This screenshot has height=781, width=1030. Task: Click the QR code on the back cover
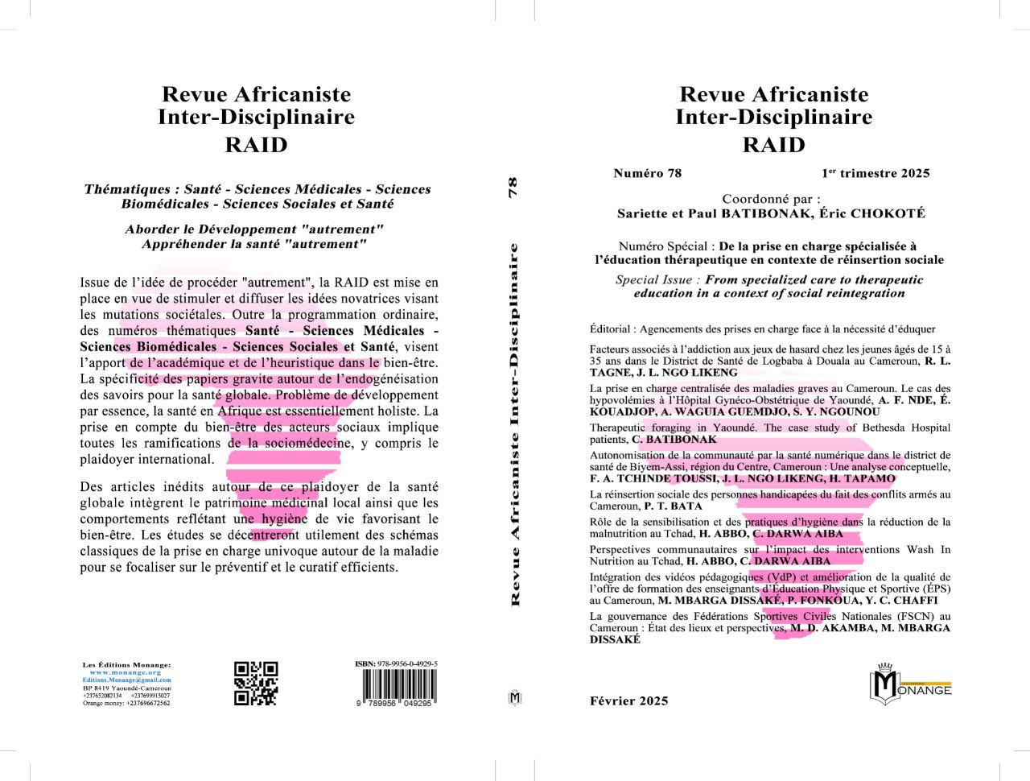256,684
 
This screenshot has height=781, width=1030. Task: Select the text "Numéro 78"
647,173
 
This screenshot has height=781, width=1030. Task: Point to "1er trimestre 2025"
875,173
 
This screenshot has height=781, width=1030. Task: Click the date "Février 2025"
628,700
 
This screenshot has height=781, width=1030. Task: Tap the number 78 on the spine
513,188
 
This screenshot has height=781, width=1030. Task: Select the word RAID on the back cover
256,145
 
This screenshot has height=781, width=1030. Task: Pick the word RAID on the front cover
773,145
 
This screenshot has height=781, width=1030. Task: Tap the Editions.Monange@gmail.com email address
126,680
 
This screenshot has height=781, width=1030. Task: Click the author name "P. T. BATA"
673,506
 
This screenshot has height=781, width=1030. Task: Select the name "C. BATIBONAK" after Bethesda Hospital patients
674,440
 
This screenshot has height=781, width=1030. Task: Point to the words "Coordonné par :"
771,199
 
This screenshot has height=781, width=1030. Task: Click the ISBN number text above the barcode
397,664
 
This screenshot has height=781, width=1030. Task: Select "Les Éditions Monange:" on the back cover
126,665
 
